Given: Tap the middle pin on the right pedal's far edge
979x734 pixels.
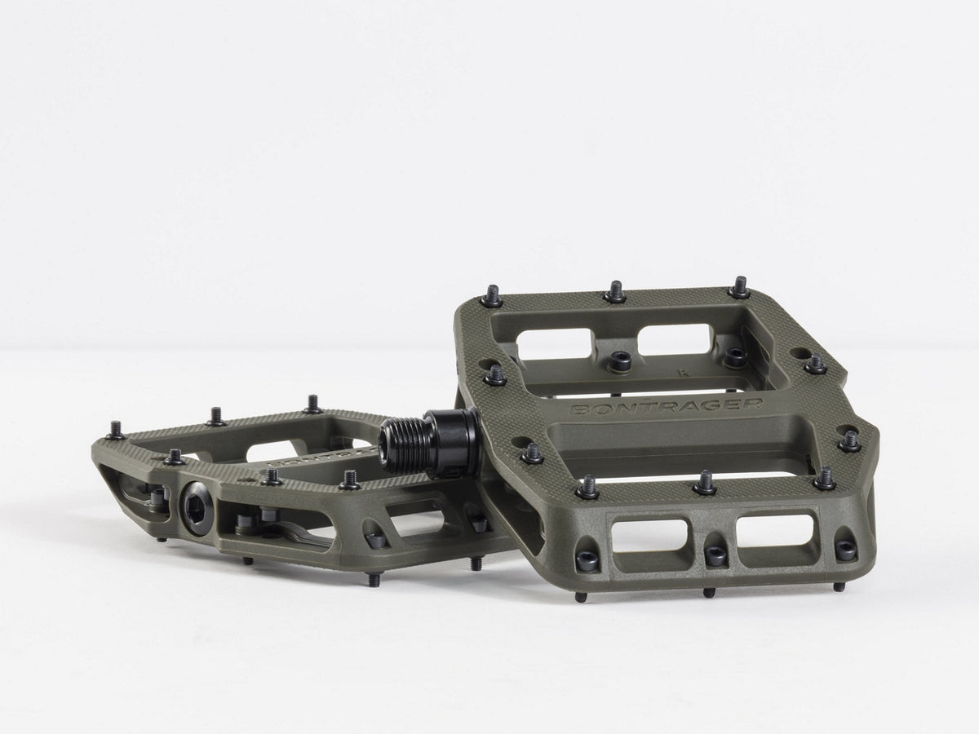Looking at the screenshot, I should [x=615, y=292].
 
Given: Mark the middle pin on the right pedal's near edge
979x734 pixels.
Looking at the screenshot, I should [x=705, y=483].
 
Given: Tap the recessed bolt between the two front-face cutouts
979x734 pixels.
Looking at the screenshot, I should [x=715, y=555].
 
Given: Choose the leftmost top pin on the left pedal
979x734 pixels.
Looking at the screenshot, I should [x=115, y=429].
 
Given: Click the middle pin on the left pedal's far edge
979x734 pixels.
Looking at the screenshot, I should [x=216, y=416].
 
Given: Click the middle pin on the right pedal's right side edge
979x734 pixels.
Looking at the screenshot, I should [x=850, y=440].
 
